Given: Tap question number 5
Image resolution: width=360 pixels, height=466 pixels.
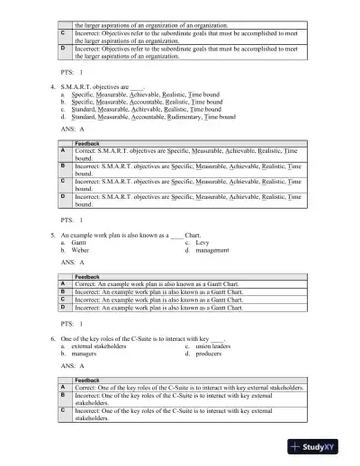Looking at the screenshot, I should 53,234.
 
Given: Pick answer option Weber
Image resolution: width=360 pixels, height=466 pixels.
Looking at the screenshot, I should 82,250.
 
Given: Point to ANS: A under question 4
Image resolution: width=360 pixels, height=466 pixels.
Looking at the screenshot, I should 73,130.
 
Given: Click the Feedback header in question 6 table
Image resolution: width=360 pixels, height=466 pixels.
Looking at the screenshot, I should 87,381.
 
